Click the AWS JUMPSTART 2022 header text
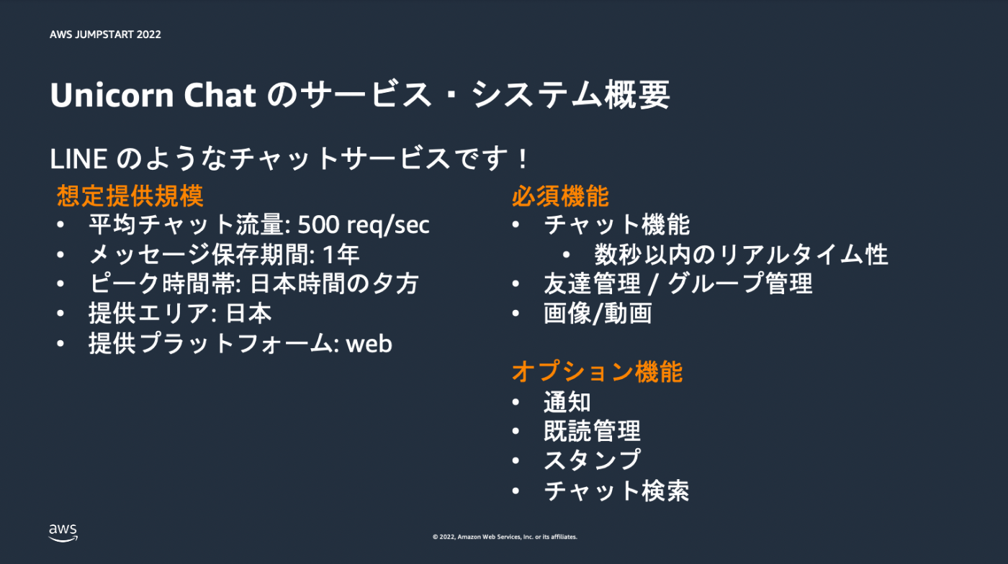click(105, 35)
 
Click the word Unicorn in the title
click(112, 95)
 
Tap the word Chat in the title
click(220, 95)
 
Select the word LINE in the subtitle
click(78, 159)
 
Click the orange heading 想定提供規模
click(130, 196)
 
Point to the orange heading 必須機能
click(560, 196)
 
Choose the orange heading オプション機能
click(597, 372)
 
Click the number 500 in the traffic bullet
click(318, 224)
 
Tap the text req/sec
click(388, 225)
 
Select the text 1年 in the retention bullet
click(341, 255)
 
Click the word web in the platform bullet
click(369, 344)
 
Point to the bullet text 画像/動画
click(598, 314)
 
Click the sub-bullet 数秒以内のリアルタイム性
click(741, 255)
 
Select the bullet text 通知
click(567, 401)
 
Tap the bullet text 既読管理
click(592, 431)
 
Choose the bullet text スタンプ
click(592, 460)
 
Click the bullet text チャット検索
click(616, 490)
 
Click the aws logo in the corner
click(63, 532)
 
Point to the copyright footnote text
click(505, 537)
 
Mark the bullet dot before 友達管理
click(516, 284)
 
